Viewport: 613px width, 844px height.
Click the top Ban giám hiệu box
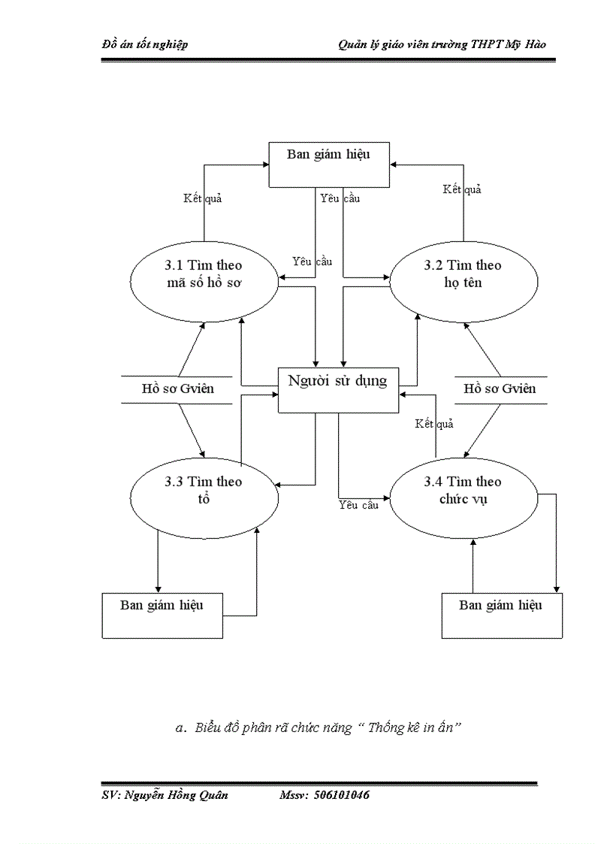click(330, 164)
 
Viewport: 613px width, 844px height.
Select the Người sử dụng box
click(338, 389)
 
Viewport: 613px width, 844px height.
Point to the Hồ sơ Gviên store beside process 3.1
click(178, 389)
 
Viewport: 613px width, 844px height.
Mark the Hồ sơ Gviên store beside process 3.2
click(500, 389)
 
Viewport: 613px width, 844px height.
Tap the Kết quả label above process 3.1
click(203, 199)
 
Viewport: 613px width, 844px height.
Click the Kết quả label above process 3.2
click(461, 189)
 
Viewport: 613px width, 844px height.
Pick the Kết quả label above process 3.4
click(434, 424)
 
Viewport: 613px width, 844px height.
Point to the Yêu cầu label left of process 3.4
click(358, 505)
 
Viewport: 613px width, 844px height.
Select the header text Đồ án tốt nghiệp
click(145, 44)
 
